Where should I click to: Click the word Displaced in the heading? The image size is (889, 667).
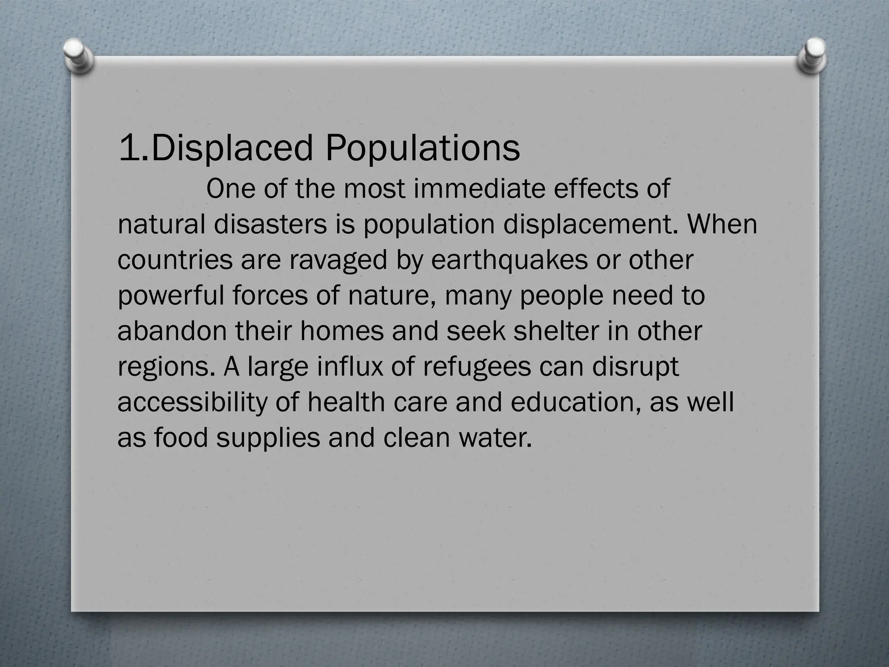pos(232,148)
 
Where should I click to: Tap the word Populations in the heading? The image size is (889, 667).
pos(422,148)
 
